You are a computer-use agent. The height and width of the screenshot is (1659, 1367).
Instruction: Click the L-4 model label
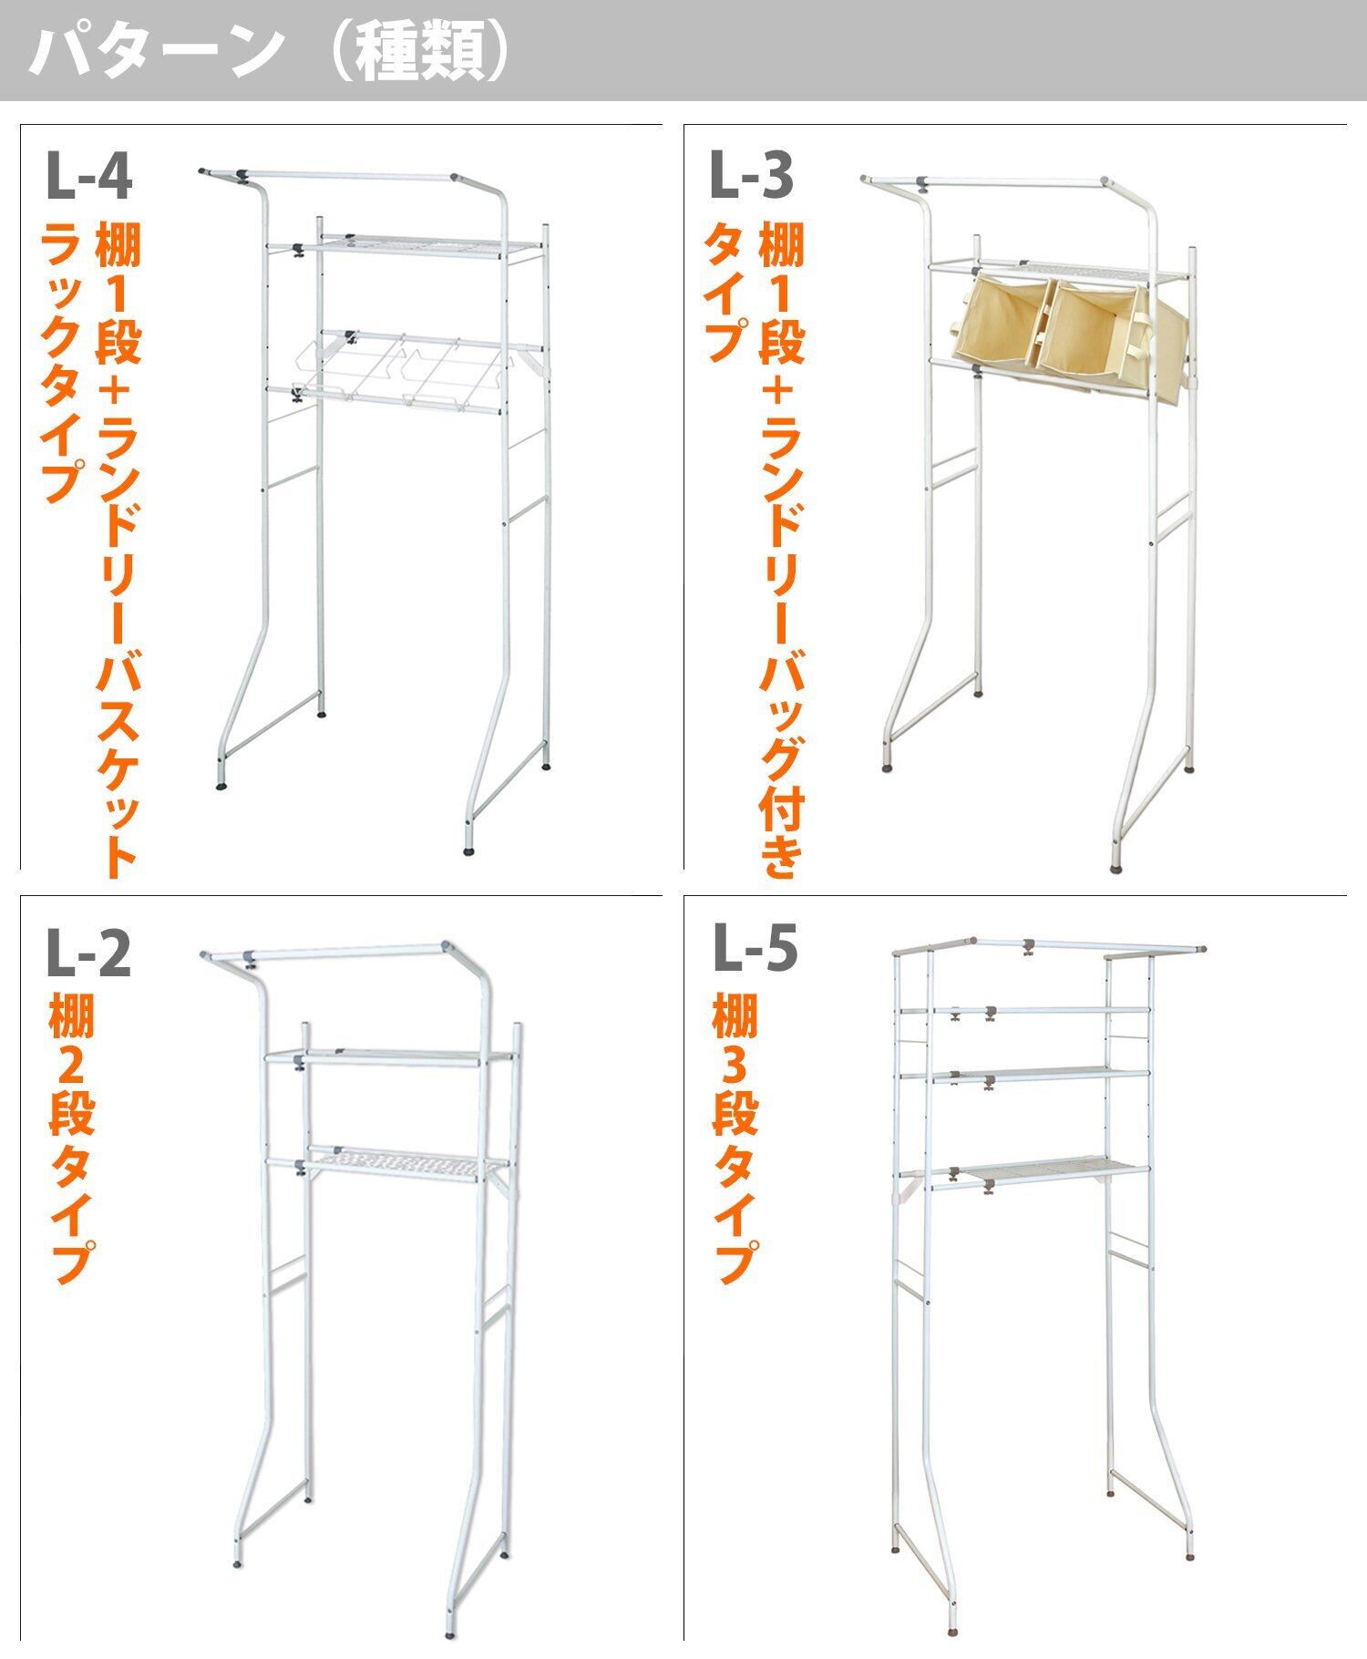tap(88, 178)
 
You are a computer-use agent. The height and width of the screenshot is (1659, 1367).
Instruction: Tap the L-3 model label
tap(751, 178)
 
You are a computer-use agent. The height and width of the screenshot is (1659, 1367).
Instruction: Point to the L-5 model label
tap(755, 948)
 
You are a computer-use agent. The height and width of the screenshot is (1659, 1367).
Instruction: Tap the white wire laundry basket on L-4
tap(401, 369)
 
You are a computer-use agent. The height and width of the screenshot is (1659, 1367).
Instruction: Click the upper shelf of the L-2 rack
tap(392, 1058)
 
